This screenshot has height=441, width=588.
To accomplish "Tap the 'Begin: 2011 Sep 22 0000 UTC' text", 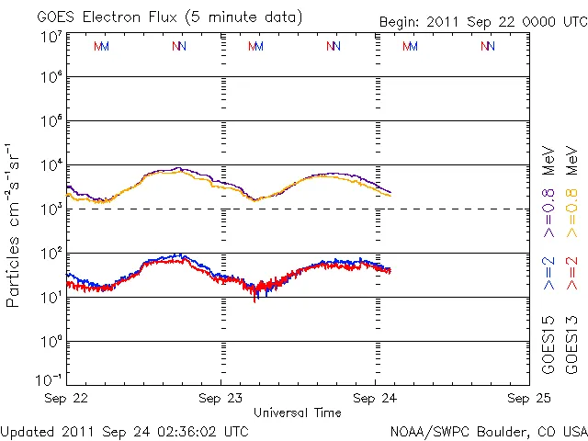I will (483, 22).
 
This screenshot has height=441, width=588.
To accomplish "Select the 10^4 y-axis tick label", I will (51, 165).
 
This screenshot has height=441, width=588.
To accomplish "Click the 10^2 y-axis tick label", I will (51, 254).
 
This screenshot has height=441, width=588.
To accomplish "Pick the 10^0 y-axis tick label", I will (51, 341).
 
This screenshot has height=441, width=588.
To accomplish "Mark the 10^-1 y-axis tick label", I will (50, 379).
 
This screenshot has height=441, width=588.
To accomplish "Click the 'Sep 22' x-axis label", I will (67, 399).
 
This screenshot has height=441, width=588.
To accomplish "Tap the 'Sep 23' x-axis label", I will (221, 399).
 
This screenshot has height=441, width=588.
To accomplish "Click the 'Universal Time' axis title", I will (298, 413).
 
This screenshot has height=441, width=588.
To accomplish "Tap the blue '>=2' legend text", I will (548, 274).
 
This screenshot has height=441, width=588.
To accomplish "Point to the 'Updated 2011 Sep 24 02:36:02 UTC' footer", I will (124, 431).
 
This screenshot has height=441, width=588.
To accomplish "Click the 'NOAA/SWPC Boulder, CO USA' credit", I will (488, 431).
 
